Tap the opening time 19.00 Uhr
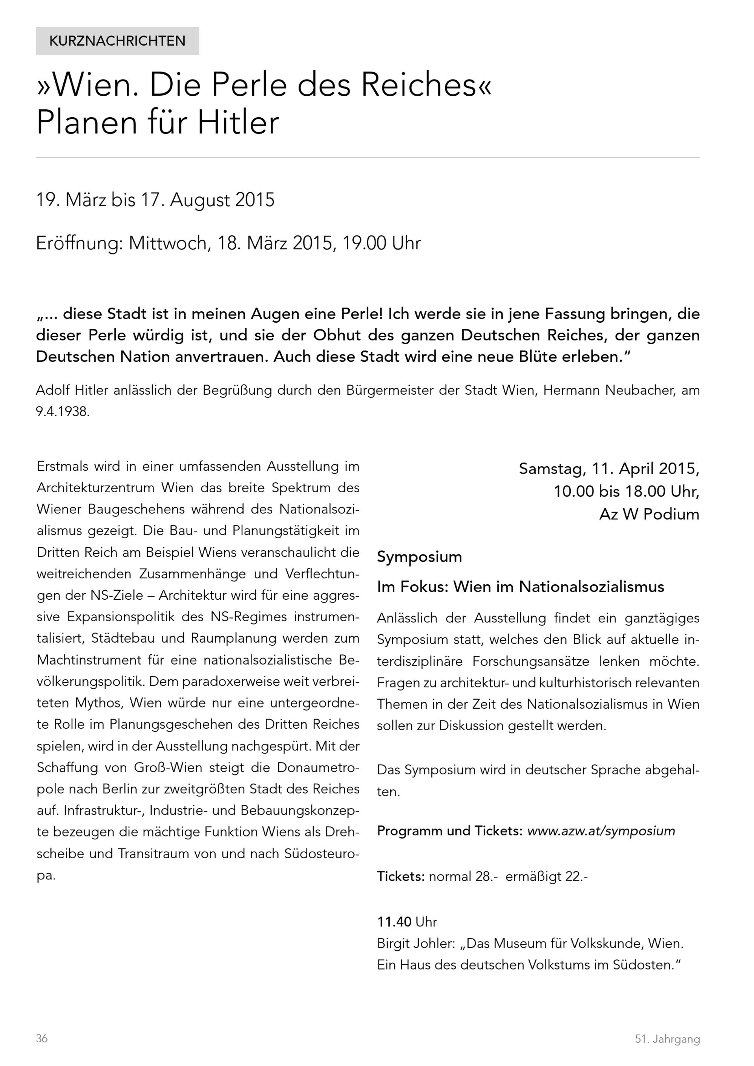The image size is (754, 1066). tap(381, 243)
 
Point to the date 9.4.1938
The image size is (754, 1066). tap(62, 412)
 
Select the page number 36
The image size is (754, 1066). tap(42, 1038)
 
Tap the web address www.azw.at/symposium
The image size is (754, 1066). tap(601, 831)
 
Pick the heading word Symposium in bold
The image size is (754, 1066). tap(419, 557)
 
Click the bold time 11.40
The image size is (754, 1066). tap(394, 921)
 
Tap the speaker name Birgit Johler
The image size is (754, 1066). tap(415, 943)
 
